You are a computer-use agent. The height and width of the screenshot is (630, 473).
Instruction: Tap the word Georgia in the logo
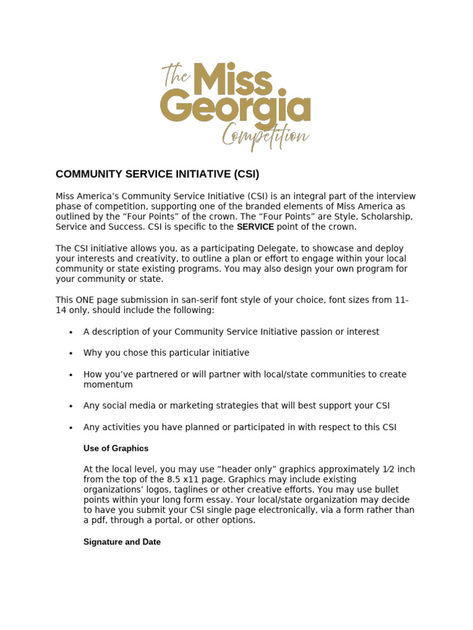[x=235, y=107]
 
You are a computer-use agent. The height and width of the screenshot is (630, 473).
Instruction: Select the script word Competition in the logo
[x=265, y=135]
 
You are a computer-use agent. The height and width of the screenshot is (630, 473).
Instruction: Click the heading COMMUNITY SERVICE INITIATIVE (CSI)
[x=158, y=174]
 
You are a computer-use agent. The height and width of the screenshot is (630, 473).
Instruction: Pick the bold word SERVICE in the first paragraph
[x=256, y=227]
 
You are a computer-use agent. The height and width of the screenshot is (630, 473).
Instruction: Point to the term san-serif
[x=201, y=300]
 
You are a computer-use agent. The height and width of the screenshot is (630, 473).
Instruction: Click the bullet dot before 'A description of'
[x=71, y=332]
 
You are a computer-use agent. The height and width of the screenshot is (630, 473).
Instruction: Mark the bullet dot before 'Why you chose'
[x=71, y=353]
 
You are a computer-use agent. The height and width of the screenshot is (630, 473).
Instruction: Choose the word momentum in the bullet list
[x=108, y=385]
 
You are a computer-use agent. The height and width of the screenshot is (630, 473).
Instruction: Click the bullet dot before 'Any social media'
[x=71, y=406]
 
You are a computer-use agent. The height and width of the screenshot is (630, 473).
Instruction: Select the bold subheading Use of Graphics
[x=116, y=449]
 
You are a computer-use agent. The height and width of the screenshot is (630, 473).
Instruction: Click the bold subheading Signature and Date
[x=122, y=542]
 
